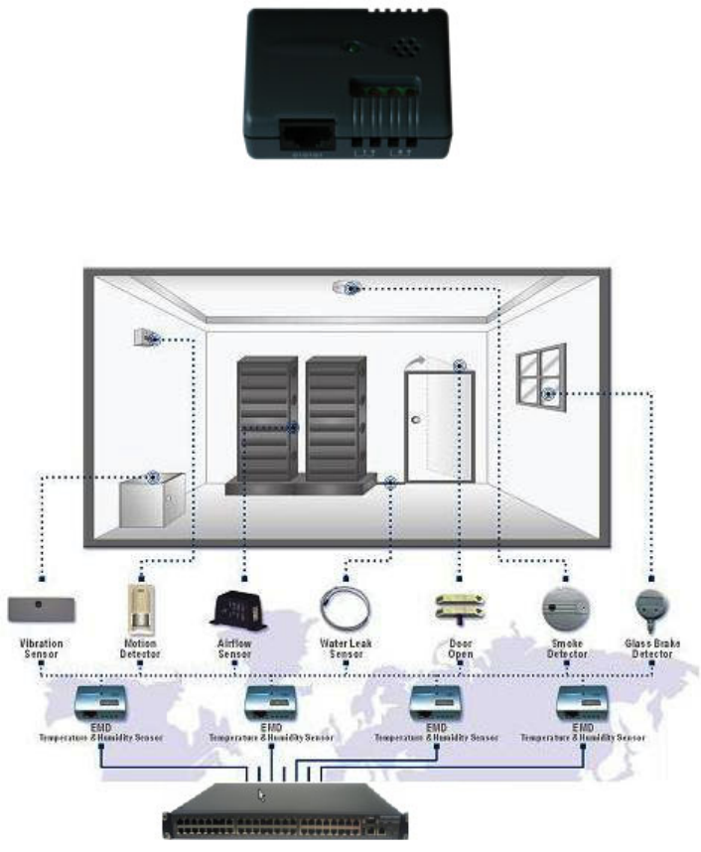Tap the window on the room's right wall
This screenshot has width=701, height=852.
click(540, 370)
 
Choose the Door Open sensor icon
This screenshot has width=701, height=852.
click(458, 607)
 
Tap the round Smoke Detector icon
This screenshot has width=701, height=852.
click(566, 605)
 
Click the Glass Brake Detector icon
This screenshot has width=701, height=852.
click(651, 605)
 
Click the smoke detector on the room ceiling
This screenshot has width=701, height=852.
click(347, 286)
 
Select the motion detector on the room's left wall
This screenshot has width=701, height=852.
click(145, 338)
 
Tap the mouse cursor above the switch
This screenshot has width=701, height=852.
click(262, 793)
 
